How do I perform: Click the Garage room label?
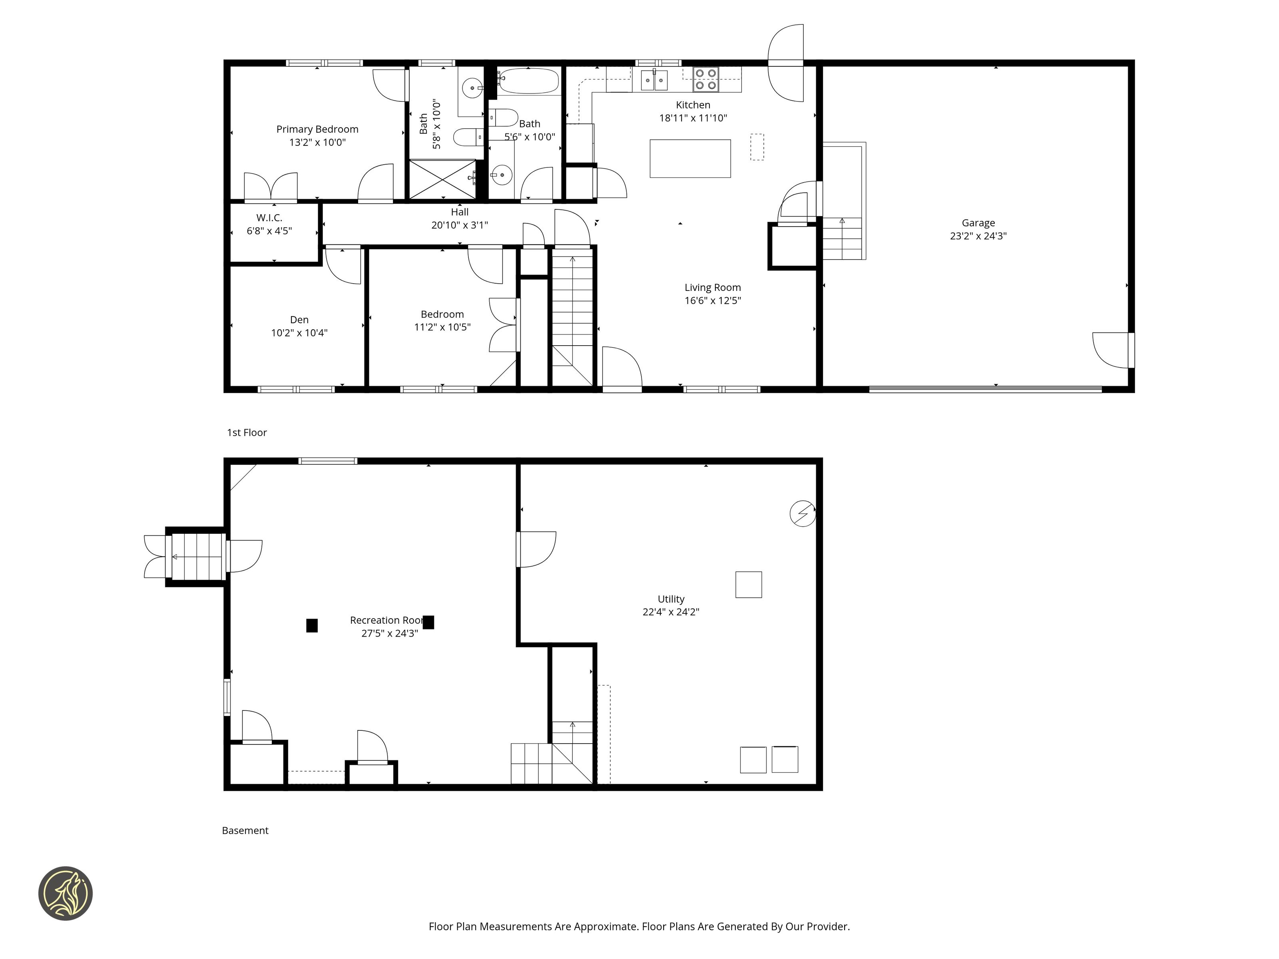[978, 223]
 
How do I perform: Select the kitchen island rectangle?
[690, 158]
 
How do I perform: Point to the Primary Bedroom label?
[317, 129]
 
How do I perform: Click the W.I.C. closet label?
[269, 218]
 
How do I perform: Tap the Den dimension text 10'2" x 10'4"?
[299, 333]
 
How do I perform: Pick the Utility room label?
[671, 599]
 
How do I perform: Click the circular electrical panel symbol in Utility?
[803, 513]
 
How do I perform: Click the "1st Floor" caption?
[247, 432]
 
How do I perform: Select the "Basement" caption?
[245, 831]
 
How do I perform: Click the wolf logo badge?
[65, 893]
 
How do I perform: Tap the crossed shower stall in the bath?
[442, 179]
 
